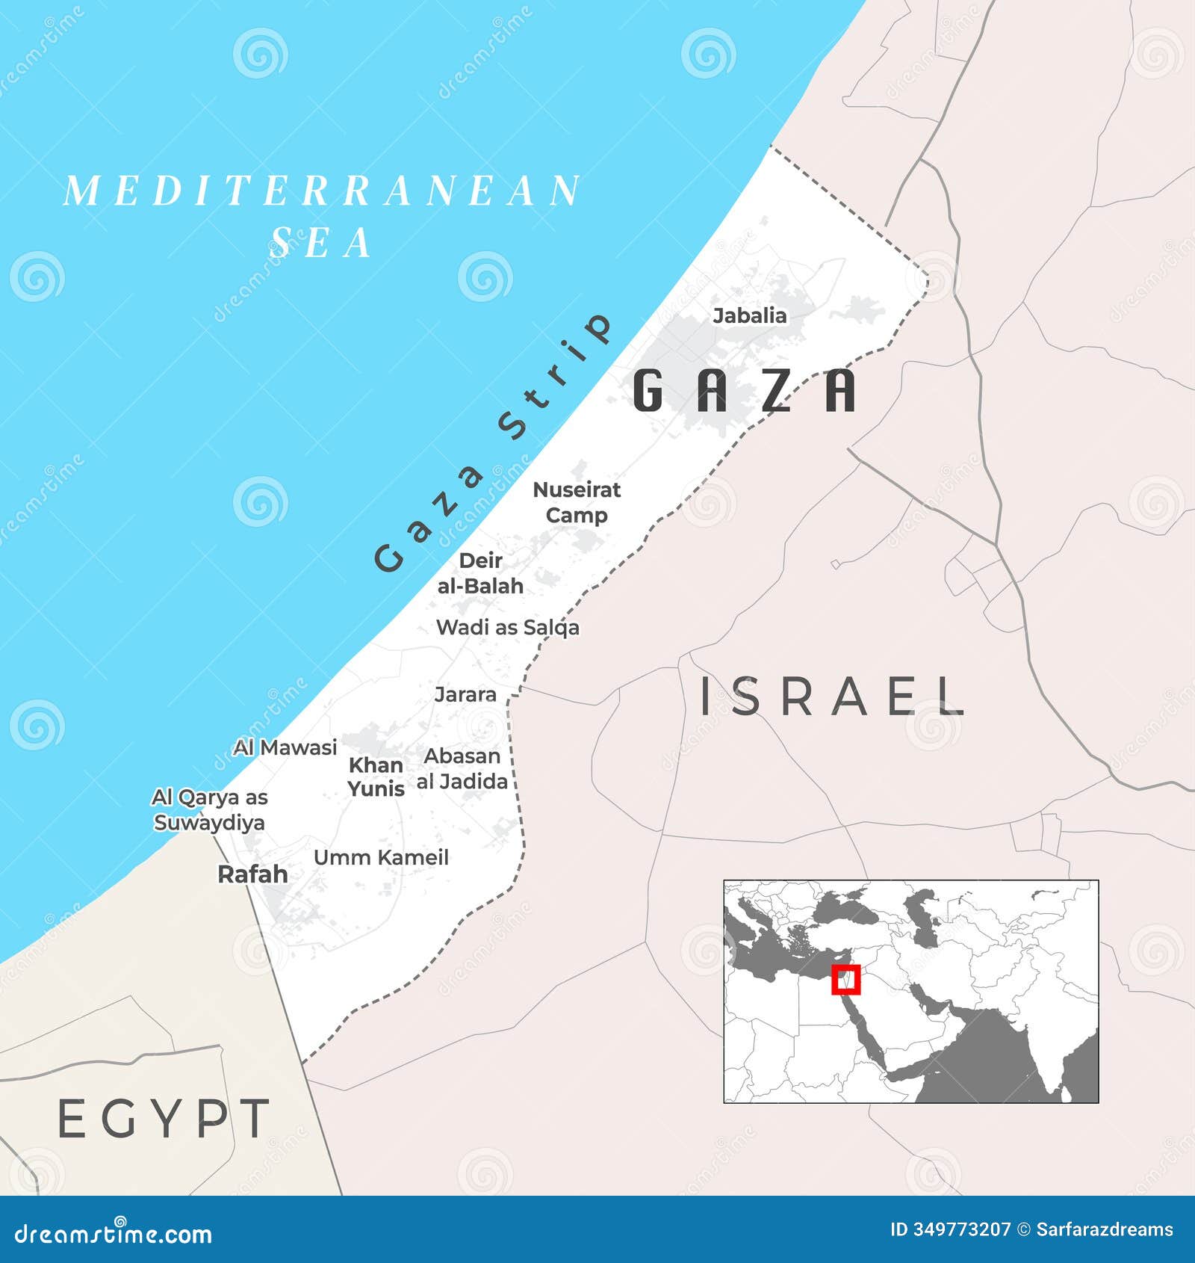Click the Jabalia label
tap(749, 315)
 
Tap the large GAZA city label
tap(744, 390)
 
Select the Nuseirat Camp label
tap(577, 502)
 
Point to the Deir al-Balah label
tap(480, 573)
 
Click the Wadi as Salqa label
tap(507, 627)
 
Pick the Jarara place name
tap(465, 694)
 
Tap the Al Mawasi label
tap(285, 747)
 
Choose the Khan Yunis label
tap(376, 776)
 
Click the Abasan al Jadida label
tap(462, 768)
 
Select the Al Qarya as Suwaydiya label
tap(209, 809)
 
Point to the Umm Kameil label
tap(381, 857)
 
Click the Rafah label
tap(252, 874)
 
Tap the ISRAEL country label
tap(831, 697)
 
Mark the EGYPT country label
tap(164, 1119)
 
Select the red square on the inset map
tap(846, 979)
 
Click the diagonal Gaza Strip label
tap(493, 443)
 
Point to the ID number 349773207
tap(962, 1229)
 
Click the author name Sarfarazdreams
tap(1105, 1229)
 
